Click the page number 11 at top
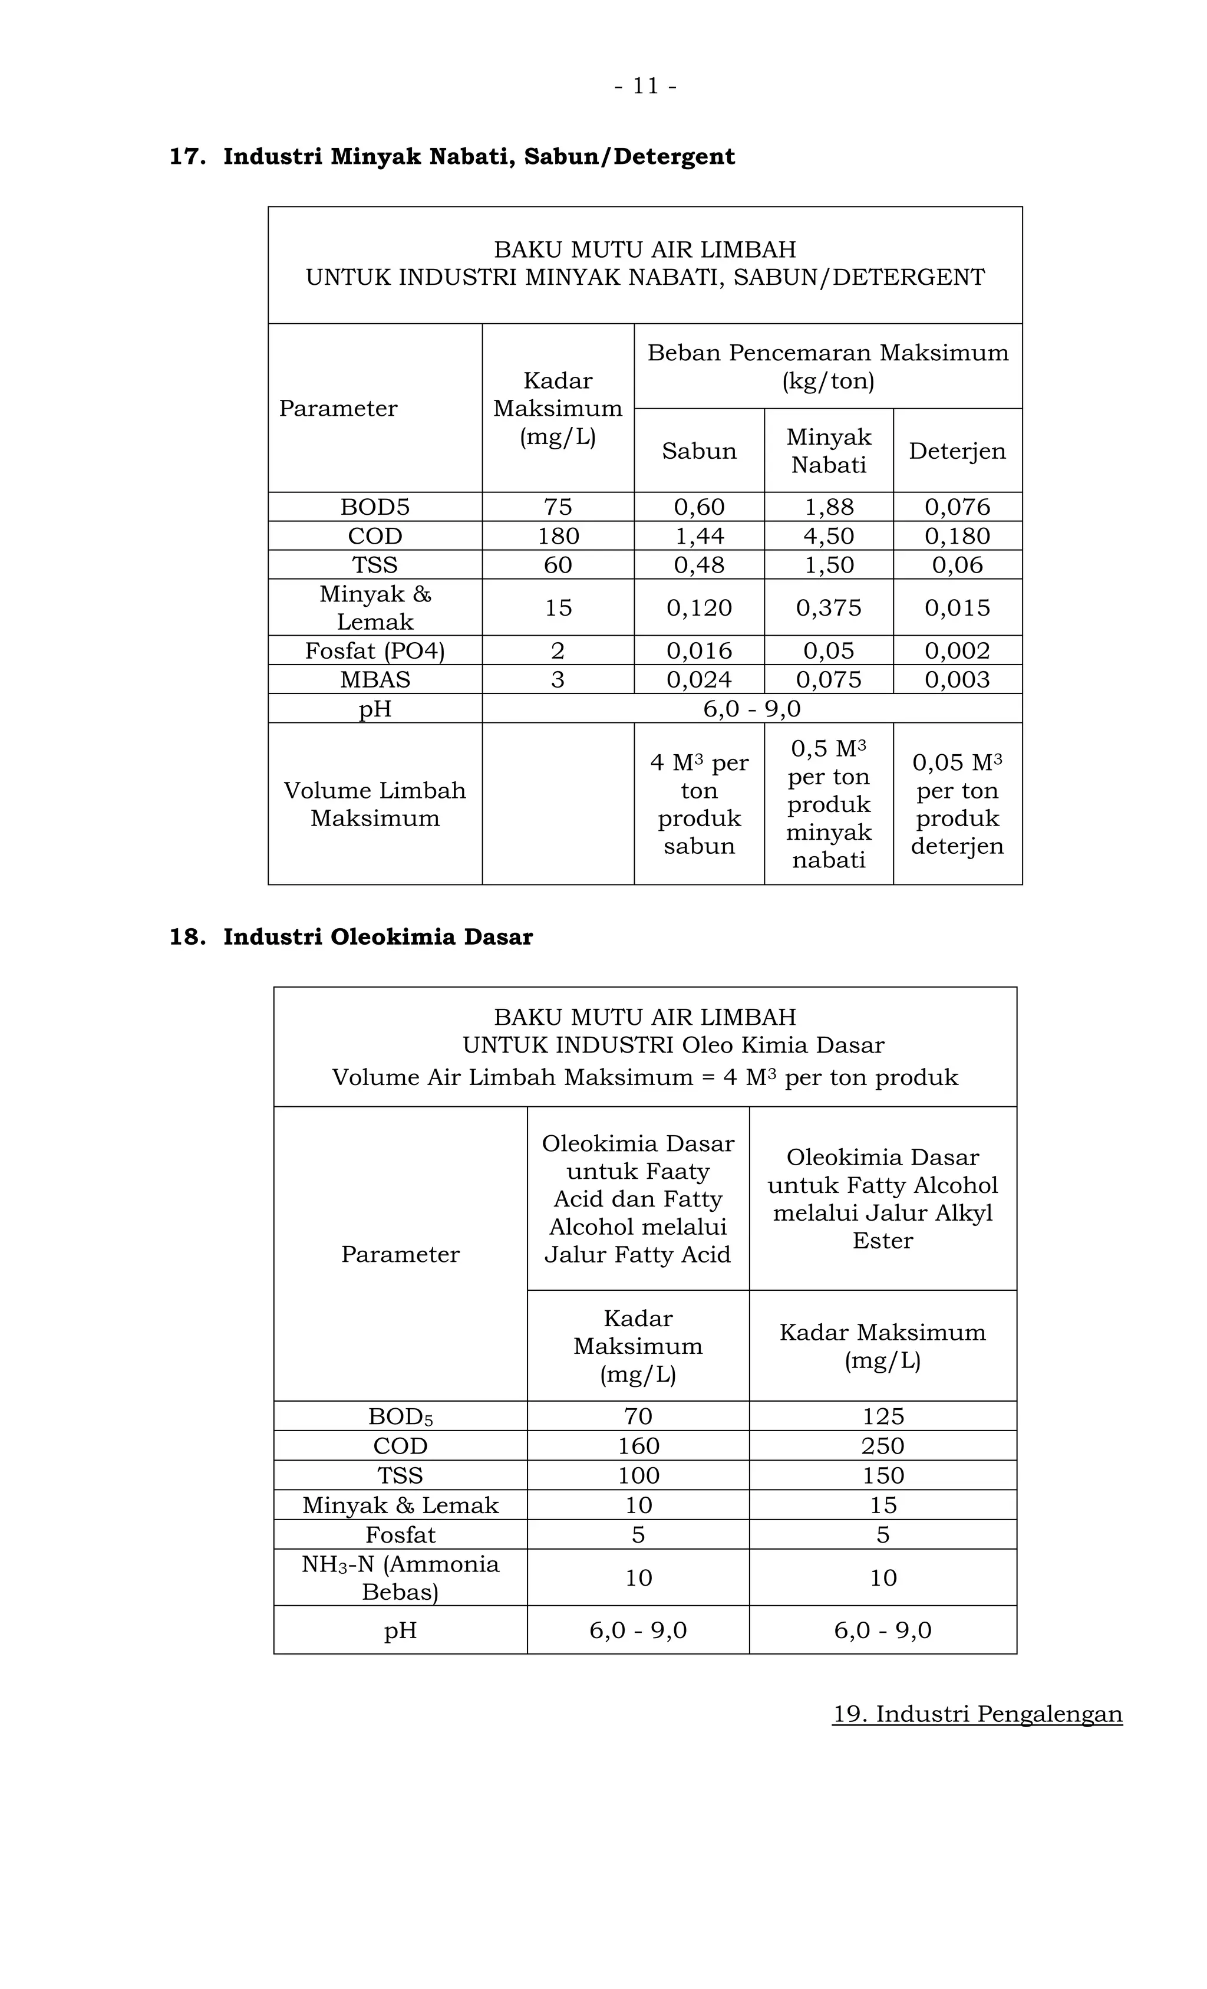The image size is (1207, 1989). pos(645,86)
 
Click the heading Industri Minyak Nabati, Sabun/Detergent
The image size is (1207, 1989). pos(479,157)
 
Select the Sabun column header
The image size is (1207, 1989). pos(699,451)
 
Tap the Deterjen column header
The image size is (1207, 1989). pos(957,451)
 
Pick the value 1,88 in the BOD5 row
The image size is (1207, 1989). pos(829,507)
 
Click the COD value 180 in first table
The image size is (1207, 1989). pos(558,536)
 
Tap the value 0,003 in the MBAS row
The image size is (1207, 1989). pos(957,680)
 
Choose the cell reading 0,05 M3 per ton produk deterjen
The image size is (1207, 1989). pos(957,804)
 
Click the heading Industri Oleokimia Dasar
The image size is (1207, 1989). pos(378,937)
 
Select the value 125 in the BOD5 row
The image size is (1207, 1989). pos(883,1416)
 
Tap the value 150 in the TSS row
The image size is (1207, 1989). pos(883,1475)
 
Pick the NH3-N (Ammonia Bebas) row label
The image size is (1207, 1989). pos(400,1577)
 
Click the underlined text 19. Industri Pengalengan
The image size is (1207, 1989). pos(977,1714)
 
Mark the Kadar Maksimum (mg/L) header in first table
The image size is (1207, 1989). pos(558,409)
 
